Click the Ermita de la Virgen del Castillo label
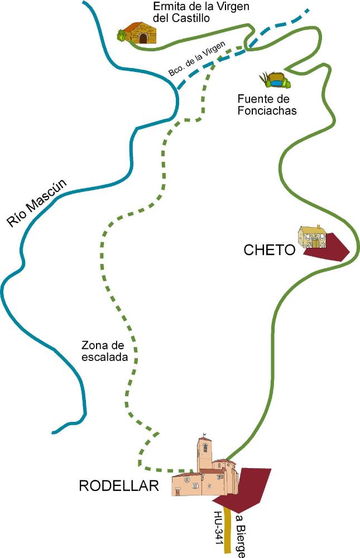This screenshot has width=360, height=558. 201,12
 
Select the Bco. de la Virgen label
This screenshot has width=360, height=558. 197,59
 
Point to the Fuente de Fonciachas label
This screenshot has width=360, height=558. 267,104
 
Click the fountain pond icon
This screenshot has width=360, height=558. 275,80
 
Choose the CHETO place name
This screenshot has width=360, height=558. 270,250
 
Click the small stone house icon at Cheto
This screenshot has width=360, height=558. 313,237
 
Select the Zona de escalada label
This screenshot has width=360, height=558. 104,351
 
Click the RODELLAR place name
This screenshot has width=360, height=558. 119,486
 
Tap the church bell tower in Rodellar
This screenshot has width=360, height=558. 205,453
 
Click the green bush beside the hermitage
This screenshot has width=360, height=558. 122,36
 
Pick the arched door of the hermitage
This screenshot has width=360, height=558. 143,38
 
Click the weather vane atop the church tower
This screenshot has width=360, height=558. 204,435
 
